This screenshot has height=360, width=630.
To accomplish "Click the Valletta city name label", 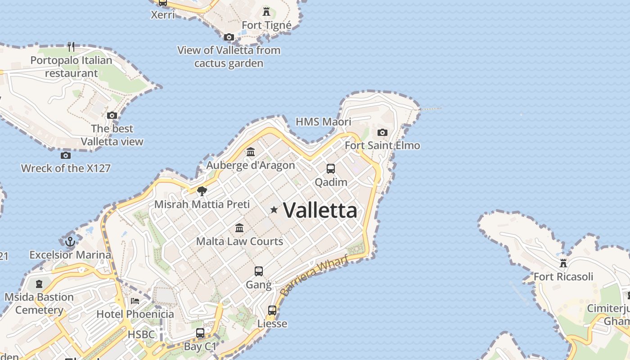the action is [x=320, y=210].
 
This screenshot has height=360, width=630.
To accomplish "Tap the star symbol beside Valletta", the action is [x=274, y=210].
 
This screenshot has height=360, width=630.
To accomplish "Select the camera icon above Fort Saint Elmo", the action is [x=382, y=132].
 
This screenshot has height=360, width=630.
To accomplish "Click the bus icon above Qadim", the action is [x=331, y=169].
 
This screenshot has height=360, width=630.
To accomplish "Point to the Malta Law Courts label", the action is [x=239, y=241].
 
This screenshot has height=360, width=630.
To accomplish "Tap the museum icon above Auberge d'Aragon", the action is [x=251, y=152].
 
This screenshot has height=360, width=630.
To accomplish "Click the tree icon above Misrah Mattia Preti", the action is [x=202, y=191].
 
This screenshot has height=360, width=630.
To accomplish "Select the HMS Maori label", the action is [x=323, y=121].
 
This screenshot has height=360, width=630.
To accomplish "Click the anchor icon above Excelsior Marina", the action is [x=70, y=242].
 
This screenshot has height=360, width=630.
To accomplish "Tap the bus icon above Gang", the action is [x=259, y=271].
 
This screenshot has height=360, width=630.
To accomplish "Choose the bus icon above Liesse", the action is [x=272, y=310].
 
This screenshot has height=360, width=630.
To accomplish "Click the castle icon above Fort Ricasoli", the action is [x=563, y=263].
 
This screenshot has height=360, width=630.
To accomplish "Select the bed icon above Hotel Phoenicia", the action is [x=135, y=301].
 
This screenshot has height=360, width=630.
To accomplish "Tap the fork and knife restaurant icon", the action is [x=71, y=46].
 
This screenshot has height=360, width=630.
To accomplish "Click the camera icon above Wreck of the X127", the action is [x=66, y=155].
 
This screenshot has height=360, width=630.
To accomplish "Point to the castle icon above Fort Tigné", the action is [x=266, y=11].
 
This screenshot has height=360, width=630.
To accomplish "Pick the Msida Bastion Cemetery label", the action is [x=39, y=303].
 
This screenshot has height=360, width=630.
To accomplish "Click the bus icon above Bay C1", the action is [x=200, y=333].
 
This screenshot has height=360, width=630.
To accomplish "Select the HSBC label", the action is [x=141, y=334].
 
